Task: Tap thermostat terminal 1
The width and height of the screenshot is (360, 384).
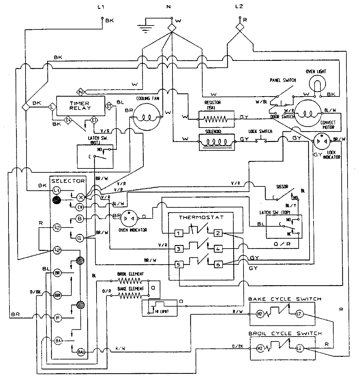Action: [x=178, y=233]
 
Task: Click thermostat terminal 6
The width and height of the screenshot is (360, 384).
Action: [x=218, y=264]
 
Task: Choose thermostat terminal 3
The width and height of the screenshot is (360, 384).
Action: [x=178, y=249]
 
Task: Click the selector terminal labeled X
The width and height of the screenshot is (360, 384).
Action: [x=80, y=197]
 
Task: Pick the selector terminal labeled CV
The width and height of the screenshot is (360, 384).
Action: [x=80, y=207]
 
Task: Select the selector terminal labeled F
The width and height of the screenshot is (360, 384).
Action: [x=58, y=317]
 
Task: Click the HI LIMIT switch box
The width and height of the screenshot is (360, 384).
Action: [x=159, y=307]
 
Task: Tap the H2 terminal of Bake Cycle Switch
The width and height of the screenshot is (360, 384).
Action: [x=259, y=314]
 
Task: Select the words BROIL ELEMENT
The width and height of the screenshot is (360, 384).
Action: [x=130, y=274]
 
